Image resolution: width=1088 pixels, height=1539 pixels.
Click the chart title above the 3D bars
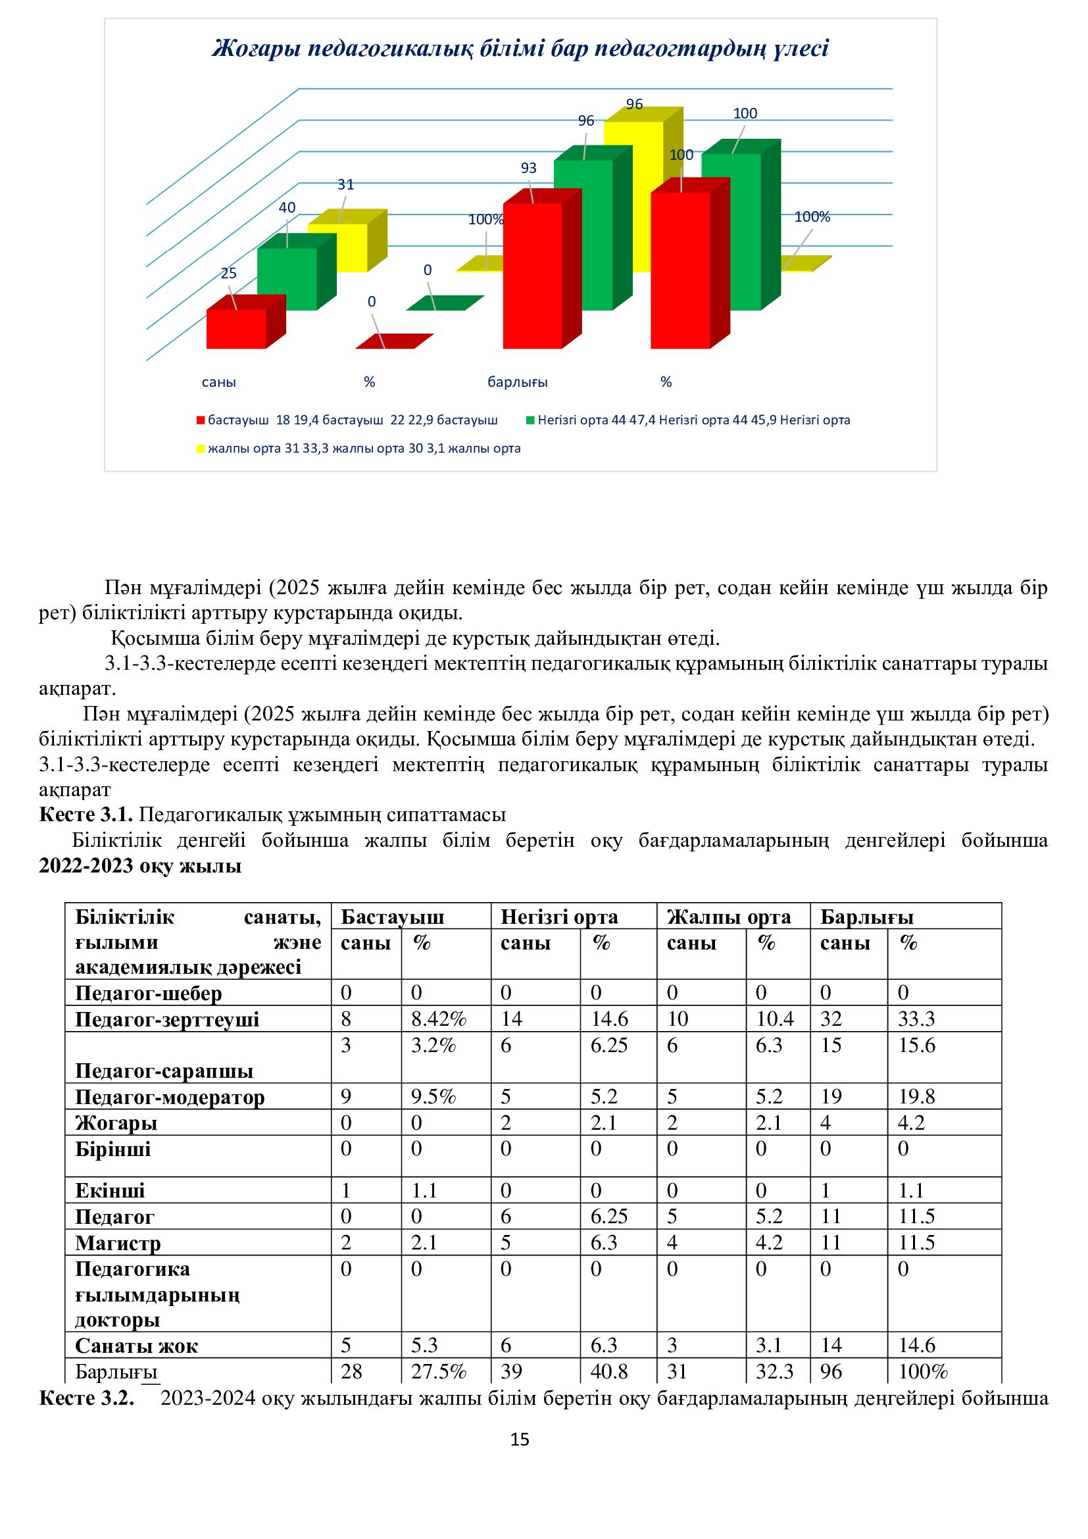(x=520, y=49)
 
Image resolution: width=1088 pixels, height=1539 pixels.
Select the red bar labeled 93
(x=533, y=275)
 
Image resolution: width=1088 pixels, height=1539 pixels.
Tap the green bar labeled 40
(x=287, y=278)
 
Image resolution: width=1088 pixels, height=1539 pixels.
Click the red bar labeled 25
(x=236, y=328)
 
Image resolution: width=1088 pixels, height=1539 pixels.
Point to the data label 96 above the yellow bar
(x=633, y=104)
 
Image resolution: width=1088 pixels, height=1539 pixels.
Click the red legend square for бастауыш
(x=200, y=421)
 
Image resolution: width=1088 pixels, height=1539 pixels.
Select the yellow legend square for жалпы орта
(x=200, y=449)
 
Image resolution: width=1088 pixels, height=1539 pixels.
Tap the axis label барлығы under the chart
(x=517, y=383)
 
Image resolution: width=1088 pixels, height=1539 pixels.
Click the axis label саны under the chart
(x=219, y=383)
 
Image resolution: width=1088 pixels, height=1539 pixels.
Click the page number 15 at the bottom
(x=520, y=1439)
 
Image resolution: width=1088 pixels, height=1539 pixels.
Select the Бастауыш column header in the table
(x=392, y=917)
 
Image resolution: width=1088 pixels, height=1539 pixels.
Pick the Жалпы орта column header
(x=728, y=917)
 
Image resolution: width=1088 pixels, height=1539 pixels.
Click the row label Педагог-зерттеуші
(x=167, y=1019)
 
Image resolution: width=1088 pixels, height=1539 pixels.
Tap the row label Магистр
(x=118, y=1243)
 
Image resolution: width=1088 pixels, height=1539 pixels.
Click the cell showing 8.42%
(x=439, y=1019)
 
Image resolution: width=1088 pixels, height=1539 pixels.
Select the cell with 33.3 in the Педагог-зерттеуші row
(x=916, y=1019)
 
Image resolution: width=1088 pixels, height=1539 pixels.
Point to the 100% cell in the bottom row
(x=922, y=1371)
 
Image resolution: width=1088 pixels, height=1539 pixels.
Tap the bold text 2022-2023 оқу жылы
(x=140, y=866)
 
